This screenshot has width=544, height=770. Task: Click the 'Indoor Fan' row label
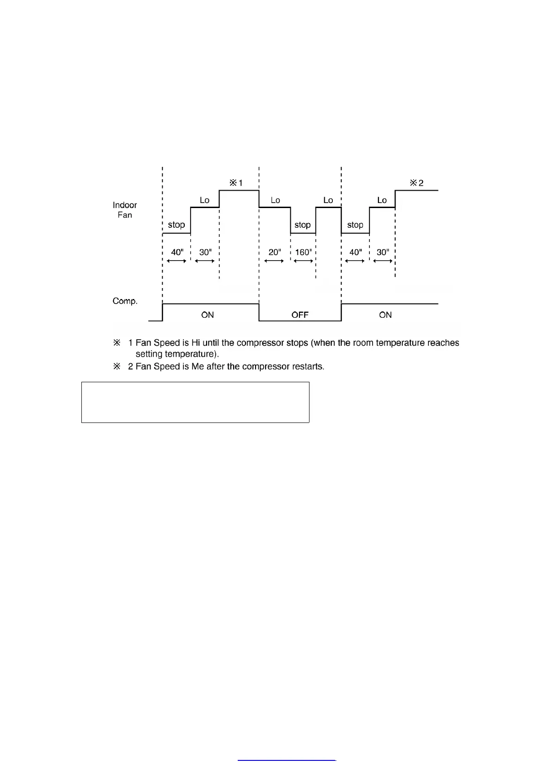[125, 210]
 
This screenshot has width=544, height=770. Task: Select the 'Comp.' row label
[125, 301]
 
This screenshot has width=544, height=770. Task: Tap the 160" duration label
[303, 252]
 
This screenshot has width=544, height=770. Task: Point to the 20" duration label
[274, 252]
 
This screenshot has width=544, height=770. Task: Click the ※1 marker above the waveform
[236, 183]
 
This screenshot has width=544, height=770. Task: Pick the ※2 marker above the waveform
[416, 183]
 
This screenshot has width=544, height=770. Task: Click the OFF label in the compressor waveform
[300, 315]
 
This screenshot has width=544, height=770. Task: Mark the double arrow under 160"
[303, 261]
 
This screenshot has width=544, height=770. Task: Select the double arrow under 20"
[274, 261]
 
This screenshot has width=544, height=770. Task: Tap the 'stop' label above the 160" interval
[302, 225]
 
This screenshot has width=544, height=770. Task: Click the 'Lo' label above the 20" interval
[275, 200]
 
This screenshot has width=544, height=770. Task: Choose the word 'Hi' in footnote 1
[196, 343]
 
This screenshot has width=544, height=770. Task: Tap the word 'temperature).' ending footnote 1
[192, 354]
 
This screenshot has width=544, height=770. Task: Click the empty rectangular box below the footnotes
[195, 402]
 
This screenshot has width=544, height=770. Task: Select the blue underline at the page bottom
[287, 760]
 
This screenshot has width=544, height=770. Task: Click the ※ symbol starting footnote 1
[117, 343]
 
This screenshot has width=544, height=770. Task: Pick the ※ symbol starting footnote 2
[117, 367]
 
